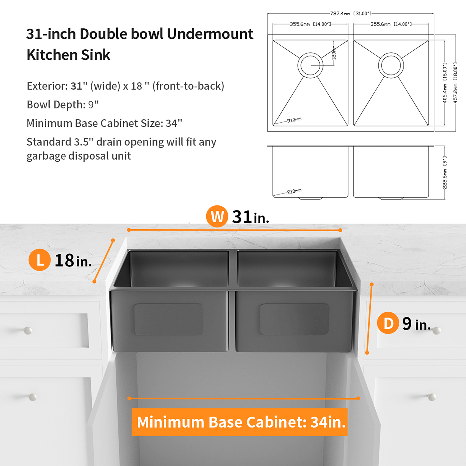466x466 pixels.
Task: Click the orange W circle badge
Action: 217,216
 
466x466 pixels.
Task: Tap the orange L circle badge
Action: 39,260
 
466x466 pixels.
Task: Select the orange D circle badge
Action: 388,323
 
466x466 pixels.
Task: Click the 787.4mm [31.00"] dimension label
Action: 351,13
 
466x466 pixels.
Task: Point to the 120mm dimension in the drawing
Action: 334,53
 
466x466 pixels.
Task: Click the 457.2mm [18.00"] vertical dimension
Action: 455,83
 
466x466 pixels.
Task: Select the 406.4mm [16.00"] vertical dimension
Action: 445,83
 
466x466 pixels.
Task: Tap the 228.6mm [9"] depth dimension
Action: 445,172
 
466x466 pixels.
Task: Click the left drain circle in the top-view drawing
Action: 310,65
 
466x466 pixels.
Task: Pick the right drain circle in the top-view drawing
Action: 391,65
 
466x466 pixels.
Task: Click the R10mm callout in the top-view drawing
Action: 294,120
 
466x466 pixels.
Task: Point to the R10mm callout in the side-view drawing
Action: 294,191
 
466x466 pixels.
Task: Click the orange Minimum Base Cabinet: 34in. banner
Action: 240,422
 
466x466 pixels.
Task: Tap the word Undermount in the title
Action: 210,34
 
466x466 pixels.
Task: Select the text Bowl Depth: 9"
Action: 63,105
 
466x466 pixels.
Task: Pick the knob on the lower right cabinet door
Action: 432,397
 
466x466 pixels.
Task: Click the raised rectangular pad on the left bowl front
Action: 168,319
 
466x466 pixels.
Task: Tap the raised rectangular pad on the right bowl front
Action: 295,319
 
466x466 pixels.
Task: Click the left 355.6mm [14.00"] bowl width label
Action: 310,24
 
